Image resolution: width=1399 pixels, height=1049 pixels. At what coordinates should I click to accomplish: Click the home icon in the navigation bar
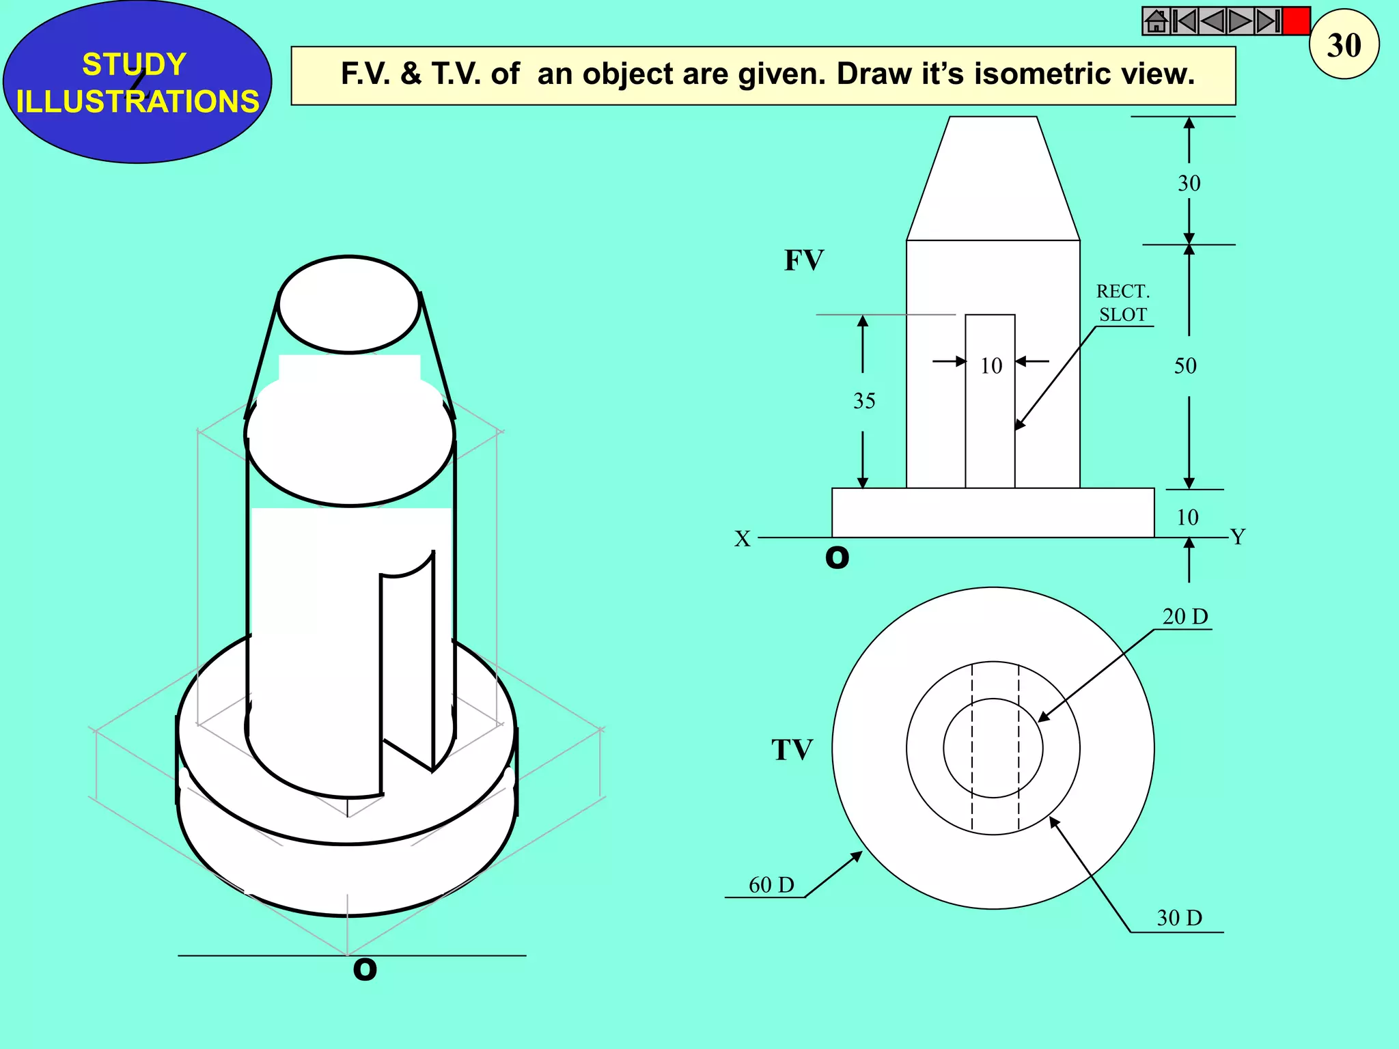pyautogui.click(x=1156, y=21)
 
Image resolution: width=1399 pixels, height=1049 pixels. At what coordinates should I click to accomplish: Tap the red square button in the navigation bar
pyautogui.click(x=1296, y=21)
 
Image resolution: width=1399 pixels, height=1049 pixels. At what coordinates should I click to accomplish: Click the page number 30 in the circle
pyautogui.click(x=1344, y=45)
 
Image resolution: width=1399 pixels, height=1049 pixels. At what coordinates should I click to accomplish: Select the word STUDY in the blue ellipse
pyautogui.click(x=134, y=64)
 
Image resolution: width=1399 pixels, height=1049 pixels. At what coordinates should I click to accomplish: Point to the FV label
pyautogui.click(x=804, y=260)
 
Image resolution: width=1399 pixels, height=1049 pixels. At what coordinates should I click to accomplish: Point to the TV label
pyautogui.click(x=792, y=750)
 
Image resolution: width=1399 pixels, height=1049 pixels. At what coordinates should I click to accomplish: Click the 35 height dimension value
pyautogui.click(x=864, y=401)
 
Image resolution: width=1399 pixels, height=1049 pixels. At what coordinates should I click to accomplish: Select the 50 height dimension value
pyautogui.click(x=1185, y=366)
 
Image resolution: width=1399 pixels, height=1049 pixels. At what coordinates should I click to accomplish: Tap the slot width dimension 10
pyautogui.click(x=991, y=366)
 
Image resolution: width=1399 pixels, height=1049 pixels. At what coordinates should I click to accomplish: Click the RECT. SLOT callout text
pyautogui.click(x=1123, y=303)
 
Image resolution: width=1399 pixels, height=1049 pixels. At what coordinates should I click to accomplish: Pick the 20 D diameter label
pyautogui.click(x=1185, y=617)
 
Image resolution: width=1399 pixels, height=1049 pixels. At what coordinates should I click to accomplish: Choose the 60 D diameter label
pyautogui.click(x=771, y=885)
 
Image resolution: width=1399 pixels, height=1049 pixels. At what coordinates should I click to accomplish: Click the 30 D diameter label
pyautogui.click(x=1179, y=918)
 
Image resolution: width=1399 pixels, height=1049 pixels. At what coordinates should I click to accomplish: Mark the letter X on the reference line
pyautogui.click(x=743, y=539)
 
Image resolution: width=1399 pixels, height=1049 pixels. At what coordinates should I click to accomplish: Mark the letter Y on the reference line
pyautogui.click(x=1238, y=537)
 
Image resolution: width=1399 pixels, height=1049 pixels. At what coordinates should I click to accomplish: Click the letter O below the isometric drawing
pyautogui.click(x=365, y=969)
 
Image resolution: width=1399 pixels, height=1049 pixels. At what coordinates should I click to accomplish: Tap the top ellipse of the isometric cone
pyautogui.click(x=349, y=305)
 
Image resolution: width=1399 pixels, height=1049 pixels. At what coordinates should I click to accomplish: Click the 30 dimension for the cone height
pyautogui.click(x=1189, y=183)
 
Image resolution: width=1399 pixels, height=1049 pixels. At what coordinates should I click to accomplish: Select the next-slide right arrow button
pyautogui.click(x=1240, y=21)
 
